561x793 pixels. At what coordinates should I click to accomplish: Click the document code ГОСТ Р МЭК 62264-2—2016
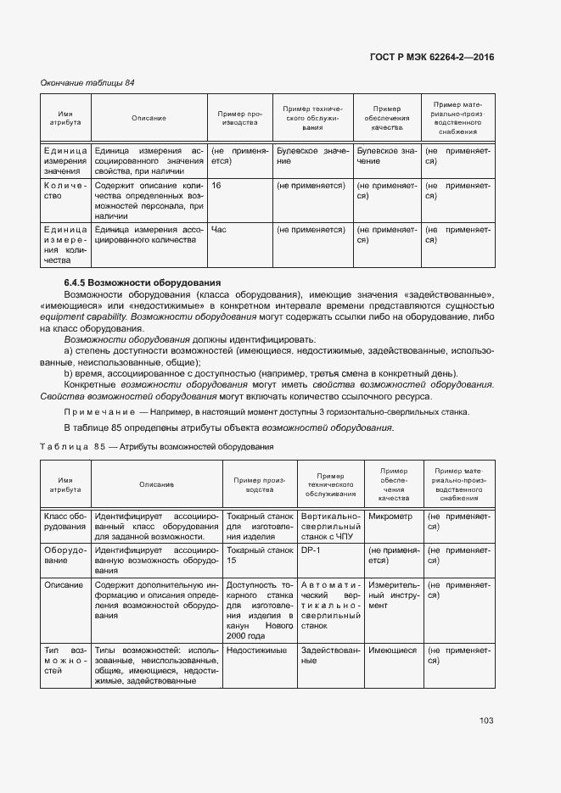click(x=432, y=57)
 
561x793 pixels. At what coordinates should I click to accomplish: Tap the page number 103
click(x=485, y=720)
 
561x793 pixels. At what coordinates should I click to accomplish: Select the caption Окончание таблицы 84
click(x=87, y=82)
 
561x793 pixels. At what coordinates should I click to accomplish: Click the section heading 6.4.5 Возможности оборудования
click(x=143, y=282)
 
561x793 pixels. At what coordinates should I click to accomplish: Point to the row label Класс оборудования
click(x=65, y=521)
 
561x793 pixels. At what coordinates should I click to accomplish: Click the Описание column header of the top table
click(x=149, y=118)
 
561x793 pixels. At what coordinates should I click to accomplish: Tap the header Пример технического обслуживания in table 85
click(x=328, y=484)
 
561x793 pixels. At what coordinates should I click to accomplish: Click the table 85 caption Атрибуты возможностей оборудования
click(x=195, y=446)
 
